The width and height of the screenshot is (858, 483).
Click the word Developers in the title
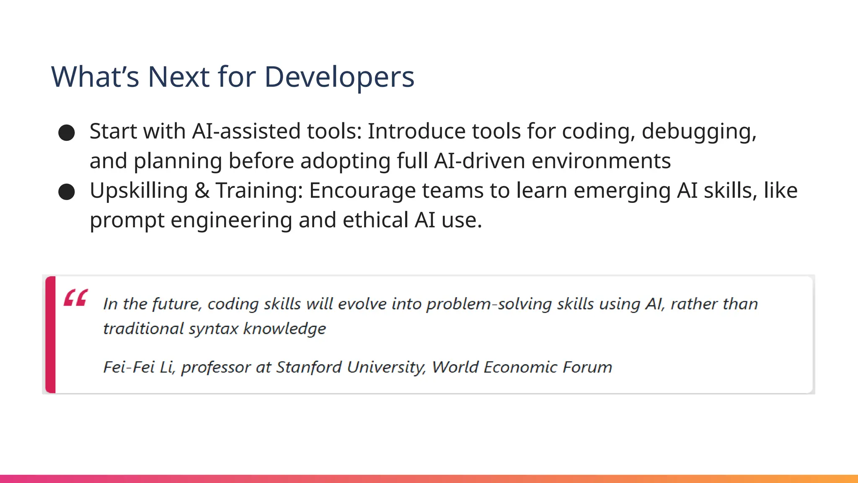click(339, 77)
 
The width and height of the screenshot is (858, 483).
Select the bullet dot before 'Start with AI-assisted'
click(67, 133)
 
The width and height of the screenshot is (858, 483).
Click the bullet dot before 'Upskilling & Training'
click(67, 192)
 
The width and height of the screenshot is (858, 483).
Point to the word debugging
click(699, 132)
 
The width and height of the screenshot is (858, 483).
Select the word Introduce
click(416, 131)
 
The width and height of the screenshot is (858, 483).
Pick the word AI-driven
click(480, 161)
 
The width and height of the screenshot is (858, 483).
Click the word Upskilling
click(139, 191)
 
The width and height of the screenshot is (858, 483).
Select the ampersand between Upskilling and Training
click(202, 191)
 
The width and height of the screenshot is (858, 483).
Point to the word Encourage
click(362, 191)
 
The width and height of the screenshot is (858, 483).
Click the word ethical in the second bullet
click(375, 221)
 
